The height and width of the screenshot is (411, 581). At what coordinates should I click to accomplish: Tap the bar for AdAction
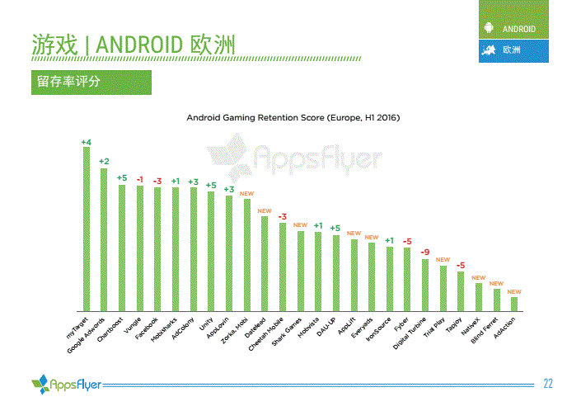(x=514, y=303)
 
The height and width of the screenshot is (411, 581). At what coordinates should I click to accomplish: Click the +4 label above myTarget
(x=86, y=142)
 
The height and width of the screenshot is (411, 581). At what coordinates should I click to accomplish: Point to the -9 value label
(x=425, y=252)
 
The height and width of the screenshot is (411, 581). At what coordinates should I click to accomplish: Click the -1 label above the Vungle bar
(x=140, y=180)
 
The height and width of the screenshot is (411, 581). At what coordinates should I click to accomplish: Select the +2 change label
(x=104, y=162)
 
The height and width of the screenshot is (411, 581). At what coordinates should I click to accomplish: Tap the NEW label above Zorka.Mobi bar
(x=246, y=193)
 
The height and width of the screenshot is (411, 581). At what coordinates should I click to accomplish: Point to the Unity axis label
(x=206, y=323)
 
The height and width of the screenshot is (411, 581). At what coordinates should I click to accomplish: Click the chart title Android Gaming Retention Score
(x=293, y=118)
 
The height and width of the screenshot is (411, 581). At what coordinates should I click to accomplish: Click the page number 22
(x=547, y=383)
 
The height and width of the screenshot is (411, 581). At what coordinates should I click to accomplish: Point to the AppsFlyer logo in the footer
(x=66, y=383)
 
